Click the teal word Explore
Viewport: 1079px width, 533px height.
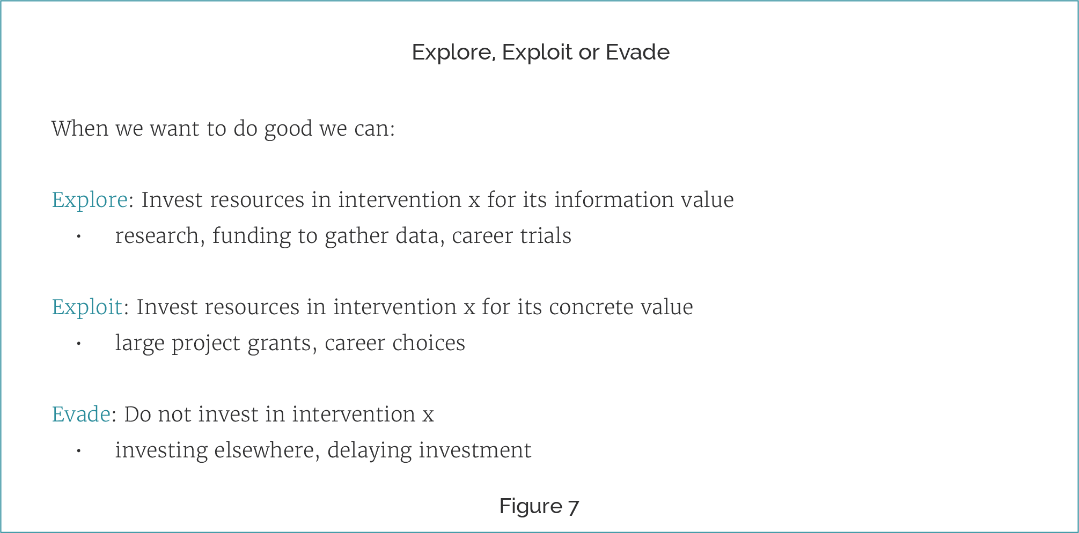(90, 201)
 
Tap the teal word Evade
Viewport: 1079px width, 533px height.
(81, 414)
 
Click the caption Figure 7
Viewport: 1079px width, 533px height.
(539, 506)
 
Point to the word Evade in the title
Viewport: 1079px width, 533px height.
(637, 52)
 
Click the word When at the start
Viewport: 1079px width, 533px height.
(80, 129)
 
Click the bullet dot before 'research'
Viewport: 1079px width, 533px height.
(78, 236)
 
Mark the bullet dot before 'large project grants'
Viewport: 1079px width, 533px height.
(78, 344)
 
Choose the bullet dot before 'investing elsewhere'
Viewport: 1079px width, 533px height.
(78, 451)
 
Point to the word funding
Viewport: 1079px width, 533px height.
(252, 236)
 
